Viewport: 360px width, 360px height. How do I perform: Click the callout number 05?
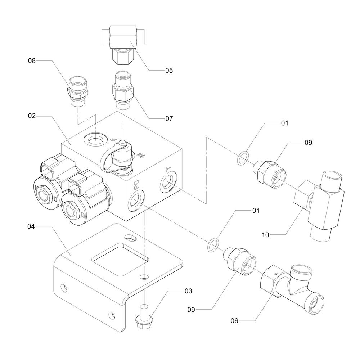point(169,71)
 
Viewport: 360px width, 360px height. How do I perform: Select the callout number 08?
point(32,61)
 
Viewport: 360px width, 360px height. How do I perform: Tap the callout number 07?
point(169,118)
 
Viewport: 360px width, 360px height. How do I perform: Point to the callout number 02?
point(32,116)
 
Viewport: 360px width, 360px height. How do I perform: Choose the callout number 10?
point(266,235)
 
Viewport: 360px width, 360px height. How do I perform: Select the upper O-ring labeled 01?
point(243,157)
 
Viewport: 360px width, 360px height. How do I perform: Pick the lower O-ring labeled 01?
point(213,244)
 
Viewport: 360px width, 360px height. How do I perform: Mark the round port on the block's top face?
point(95,138)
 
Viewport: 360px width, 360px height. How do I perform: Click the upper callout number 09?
point(308,143)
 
